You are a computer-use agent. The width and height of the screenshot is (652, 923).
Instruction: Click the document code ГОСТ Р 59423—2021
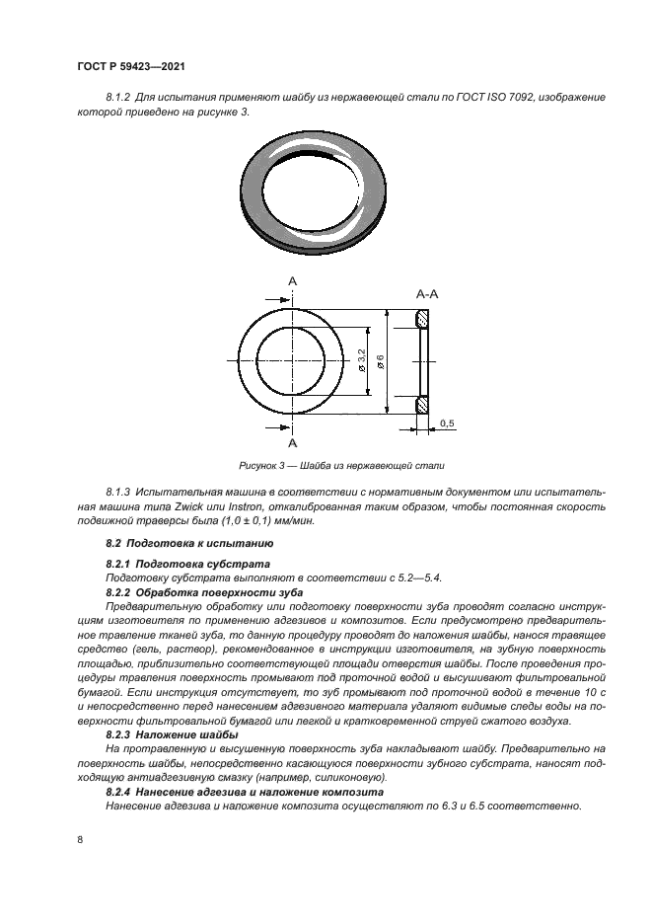click(132, 66)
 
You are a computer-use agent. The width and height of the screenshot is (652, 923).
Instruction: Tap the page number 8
click(80, 839)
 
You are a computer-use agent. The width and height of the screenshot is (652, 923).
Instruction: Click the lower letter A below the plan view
click(292, 443)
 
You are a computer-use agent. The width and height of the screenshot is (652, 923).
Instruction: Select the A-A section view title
click(427, 294)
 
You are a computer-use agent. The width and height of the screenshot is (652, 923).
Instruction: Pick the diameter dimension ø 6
click(380, 360)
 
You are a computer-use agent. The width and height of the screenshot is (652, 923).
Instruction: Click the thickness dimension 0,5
click(446, 423)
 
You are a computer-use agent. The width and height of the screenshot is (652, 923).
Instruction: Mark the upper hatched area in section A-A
click(423, 319)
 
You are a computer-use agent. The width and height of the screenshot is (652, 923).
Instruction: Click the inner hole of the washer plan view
click(292, 361)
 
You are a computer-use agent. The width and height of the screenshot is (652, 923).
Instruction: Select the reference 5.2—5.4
click(428, 577)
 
